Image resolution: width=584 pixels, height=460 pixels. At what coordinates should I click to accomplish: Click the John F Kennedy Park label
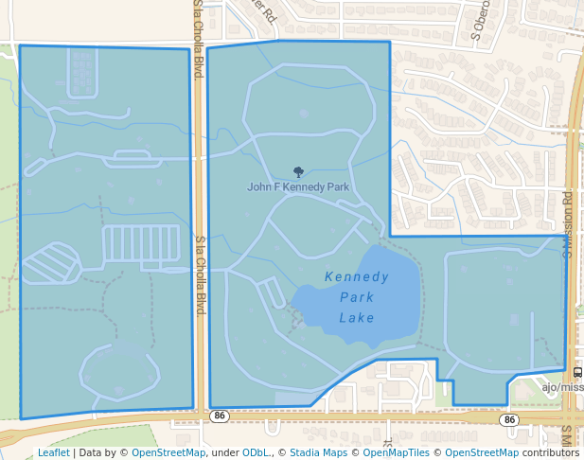298,187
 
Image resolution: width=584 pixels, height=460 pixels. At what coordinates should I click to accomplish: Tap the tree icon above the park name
298,172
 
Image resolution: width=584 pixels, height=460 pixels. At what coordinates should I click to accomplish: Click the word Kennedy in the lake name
356,277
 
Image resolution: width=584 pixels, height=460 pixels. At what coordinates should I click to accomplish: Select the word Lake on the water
357,317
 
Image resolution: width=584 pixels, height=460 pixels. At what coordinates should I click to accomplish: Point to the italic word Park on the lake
357,297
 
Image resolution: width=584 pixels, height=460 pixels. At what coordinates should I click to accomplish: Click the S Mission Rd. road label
569,225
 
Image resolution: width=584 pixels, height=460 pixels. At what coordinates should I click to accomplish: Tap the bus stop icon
577,372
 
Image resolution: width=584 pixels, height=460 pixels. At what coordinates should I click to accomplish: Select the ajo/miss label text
562,386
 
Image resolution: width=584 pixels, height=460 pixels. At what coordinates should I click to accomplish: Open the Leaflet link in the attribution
54,452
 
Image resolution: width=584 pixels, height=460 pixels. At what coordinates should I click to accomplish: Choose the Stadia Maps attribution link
316,452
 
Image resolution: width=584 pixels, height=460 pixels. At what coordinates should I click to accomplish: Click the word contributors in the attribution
550,452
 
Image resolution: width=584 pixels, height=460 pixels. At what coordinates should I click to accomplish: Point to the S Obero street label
478,35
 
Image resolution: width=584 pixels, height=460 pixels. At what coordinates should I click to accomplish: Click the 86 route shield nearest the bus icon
510,418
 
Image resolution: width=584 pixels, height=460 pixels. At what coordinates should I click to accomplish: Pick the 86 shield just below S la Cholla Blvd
220,416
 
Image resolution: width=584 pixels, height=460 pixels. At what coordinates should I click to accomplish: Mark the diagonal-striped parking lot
51,262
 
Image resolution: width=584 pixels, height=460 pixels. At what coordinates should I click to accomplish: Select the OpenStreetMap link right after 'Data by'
168,452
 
